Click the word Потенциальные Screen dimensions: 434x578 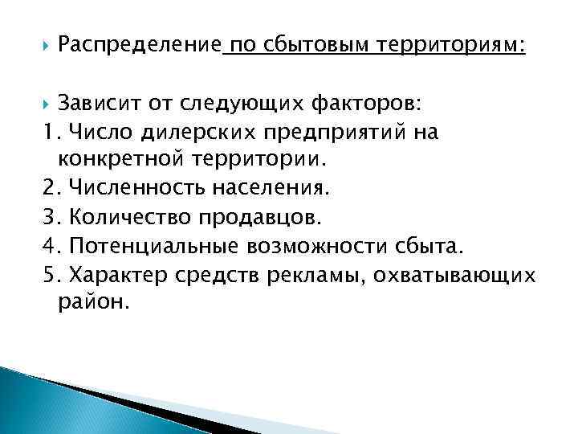[x=146, y=245]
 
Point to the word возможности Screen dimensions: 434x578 [x=309, y=245]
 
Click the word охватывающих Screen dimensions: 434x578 [x=472, y=274]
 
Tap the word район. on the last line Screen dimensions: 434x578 [x=92, y=302]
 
